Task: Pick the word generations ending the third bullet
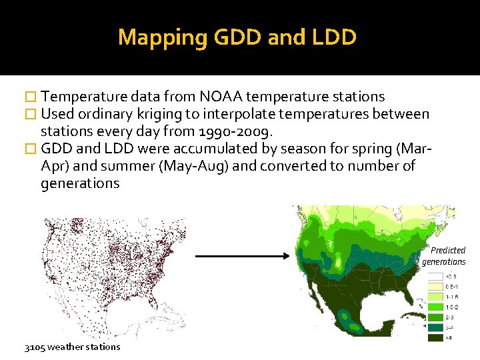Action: tap(80, 183)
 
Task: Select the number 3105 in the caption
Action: tap(35, 347)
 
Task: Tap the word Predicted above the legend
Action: tap(447, 251)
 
